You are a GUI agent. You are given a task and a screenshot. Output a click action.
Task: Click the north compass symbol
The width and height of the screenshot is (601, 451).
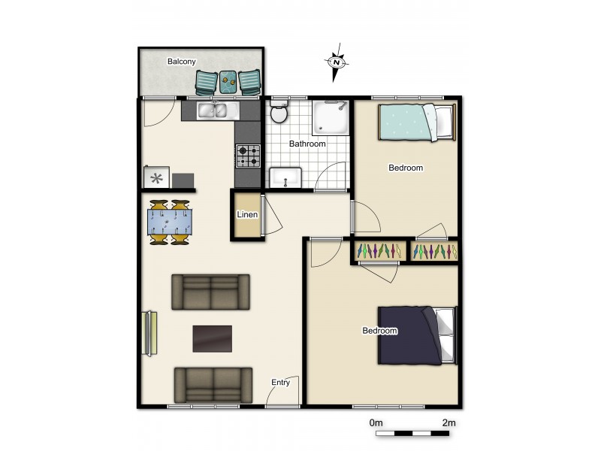[x=337, y=64]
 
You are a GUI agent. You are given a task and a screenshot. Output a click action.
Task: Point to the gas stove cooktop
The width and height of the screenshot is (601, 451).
[x=249, y=156]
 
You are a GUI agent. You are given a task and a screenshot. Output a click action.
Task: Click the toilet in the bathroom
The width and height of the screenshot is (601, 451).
[x=278, y=114]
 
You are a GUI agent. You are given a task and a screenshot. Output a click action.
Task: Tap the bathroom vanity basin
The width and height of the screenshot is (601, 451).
[x=285, y=178]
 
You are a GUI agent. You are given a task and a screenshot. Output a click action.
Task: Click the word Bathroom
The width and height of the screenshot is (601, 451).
[x=308, y=144]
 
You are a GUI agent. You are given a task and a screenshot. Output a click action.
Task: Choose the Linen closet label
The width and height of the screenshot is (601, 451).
[x=247, y=215]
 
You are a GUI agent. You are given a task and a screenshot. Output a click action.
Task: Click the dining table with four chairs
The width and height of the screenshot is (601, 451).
[x=169, y=222]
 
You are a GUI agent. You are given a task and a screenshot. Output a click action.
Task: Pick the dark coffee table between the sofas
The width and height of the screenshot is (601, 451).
[x=213, y=338]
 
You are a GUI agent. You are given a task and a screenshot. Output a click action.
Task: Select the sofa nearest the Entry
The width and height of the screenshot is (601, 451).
[x=213, y=384]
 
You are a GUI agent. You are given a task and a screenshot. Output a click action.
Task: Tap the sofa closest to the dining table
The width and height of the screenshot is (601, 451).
[x=211, y=292]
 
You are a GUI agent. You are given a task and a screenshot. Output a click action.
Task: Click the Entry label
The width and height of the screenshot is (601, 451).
[x=280, y=383]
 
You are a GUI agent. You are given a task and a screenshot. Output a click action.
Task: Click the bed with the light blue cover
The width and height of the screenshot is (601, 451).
[x=416, y=122]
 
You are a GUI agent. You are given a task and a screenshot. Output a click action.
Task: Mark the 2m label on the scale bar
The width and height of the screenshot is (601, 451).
[x=448, y=423]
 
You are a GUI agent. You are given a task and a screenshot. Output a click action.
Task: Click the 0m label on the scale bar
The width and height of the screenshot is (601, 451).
[x=377, y=423]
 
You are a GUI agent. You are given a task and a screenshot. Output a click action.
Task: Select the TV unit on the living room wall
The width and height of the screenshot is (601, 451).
[x=149, y=332]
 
